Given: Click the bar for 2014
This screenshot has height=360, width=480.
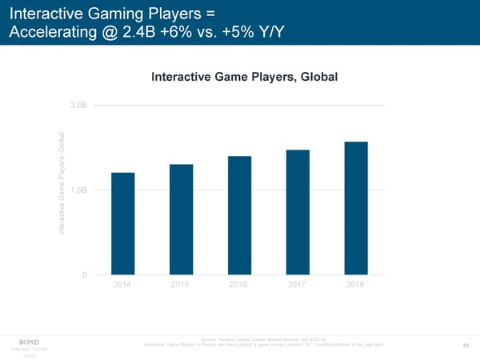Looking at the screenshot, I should (123, 223).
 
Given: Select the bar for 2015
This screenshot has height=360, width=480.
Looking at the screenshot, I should (181, 219).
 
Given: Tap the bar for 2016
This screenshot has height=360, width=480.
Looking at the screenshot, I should (239, 215).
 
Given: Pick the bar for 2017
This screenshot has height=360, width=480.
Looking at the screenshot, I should (298, 212).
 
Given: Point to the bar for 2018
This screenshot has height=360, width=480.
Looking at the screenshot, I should (356, 208).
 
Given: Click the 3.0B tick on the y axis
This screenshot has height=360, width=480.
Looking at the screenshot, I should (78, 106).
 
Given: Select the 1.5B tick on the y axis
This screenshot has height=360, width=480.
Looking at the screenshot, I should (78, 190).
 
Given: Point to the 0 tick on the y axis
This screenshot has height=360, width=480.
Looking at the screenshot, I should (84, 275).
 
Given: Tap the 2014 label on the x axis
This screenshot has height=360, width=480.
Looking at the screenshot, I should (123, 286).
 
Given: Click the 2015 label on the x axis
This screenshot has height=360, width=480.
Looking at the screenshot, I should (181, 286).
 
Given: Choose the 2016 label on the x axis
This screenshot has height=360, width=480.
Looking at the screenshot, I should (239, 286).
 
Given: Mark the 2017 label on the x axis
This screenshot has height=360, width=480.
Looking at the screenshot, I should (298, 286).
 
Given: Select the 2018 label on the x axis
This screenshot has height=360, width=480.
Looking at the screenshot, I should (356, 286).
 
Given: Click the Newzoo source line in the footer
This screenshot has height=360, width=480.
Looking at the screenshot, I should (262, 340).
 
